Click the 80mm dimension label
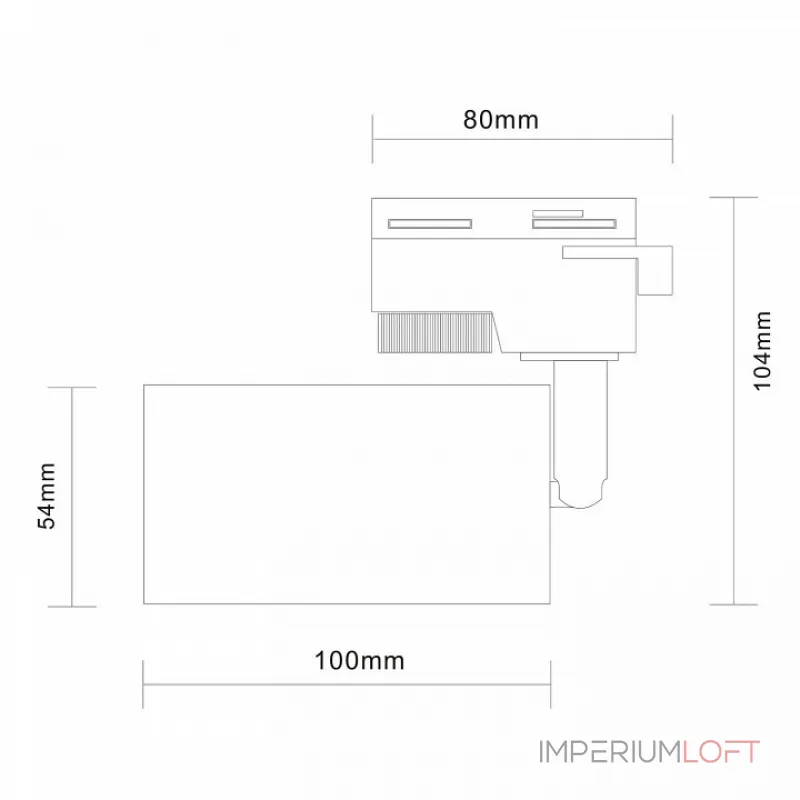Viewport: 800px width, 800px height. [x=501, y=120]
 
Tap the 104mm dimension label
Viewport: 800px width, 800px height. [x=762, y=351]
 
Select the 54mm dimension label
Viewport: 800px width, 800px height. [x=46, y=495]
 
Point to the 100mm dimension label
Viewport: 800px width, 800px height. [x=359, y=661]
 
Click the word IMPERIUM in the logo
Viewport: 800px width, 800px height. [x=610, y=752]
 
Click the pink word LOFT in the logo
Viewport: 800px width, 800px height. [x=721, y=752]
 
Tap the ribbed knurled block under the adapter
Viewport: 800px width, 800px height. [x=435, y=333]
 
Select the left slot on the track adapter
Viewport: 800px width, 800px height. [x=430, y=223]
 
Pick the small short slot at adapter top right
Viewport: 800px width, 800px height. [x=558, y=214]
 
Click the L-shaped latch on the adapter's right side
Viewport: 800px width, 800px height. [x=655, y=270]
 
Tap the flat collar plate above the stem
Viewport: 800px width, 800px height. [x=569, y=356]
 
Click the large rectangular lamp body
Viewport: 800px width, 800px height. [x=347, y=494]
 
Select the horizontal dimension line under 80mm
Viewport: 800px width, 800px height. [x=522, y=139]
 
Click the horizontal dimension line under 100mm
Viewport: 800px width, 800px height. [x=347, y=685]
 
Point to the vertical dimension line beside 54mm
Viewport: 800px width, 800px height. [x=72, y=497]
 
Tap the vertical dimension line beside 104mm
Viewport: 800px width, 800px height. [x=734, y=401]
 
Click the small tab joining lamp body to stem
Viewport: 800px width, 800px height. [x=554, y=494]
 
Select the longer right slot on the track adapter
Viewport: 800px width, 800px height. [x=574, y=223]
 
